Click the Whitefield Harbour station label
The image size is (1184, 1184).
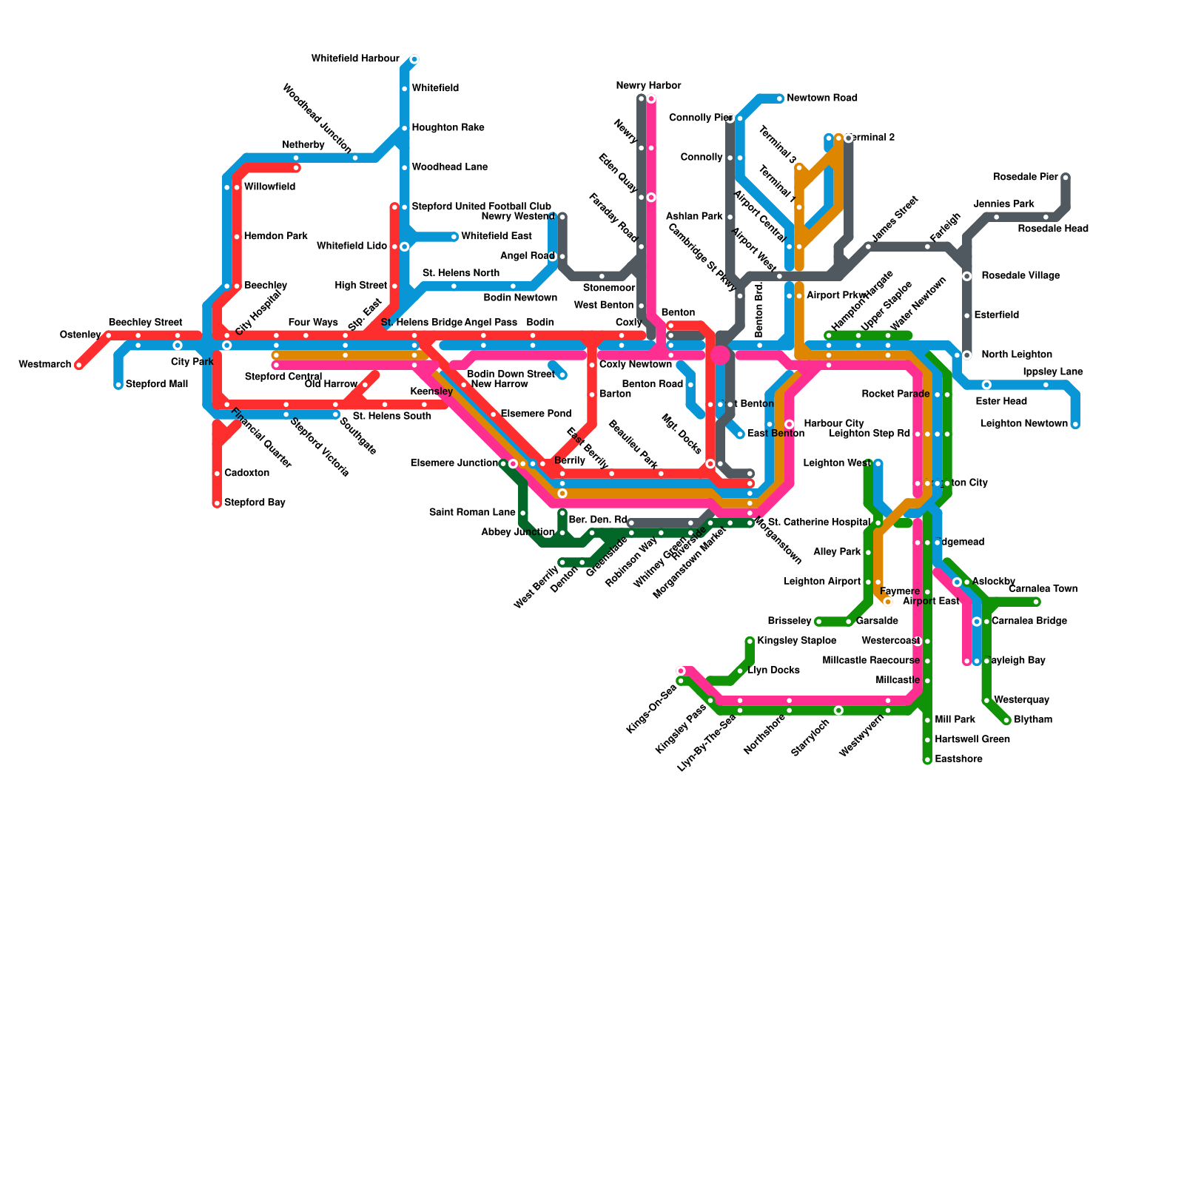coord(355,58)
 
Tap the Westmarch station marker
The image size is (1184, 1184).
coord(79,365)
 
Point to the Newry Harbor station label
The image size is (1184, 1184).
coord(648,86)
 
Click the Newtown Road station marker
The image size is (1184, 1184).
coord(779,98)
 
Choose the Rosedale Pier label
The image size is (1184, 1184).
coord(1026,178)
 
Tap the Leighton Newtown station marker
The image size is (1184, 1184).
coord(1075,424)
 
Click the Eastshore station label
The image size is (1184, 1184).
coord(958,759)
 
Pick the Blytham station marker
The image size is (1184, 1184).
coord(1006,720)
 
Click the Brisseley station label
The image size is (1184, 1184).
coord(790,621)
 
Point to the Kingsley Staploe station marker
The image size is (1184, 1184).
coord(750,641)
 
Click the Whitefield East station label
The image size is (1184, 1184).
coord(496,237)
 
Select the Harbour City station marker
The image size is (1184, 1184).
coord(790,424)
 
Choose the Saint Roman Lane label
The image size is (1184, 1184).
coord(472,512)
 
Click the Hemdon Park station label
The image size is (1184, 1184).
coord(275,237)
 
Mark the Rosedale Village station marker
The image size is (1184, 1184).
coord(966,276)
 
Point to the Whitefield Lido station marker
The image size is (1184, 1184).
coord(405,246)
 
